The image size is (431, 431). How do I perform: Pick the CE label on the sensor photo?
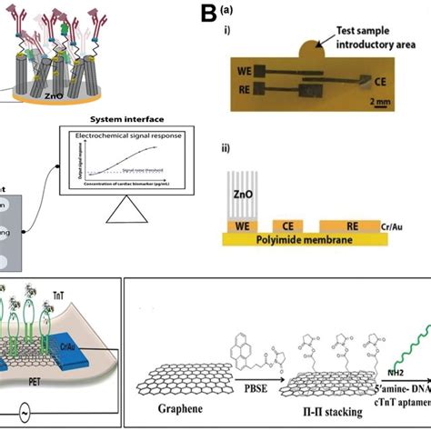(x=381, y=79)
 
